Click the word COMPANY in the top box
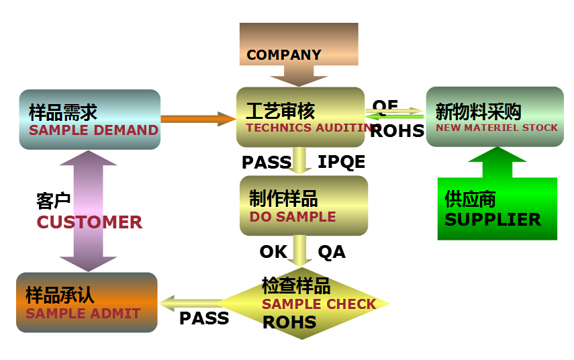284,55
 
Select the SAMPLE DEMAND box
90,120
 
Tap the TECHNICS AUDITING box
300,118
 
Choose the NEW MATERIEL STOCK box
495,118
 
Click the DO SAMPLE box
303,206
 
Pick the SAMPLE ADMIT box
87,302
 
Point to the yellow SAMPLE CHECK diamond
305,304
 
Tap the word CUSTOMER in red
89,222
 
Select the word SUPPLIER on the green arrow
492,220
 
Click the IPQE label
341,162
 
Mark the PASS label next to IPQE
267,162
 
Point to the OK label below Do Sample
273,252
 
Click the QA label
332,252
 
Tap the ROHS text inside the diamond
289,322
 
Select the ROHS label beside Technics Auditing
397,130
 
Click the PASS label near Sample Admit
204,318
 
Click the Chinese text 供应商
470,199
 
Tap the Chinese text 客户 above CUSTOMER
53,201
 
